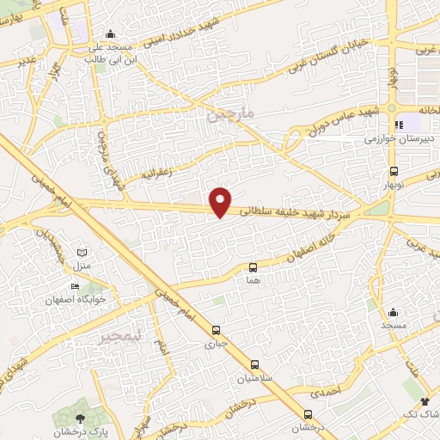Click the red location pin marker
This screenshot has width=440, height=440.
tap(221, 201)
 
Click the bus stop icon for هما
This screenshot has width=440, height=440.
tap(253, 268)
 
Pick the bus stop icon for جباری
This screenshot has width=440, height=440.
tap(216, 329)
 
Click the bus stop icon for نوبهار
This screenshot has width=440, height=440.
tap(394, 171)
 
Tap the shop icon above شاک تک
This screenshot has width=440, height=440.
tap(425, 401)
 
